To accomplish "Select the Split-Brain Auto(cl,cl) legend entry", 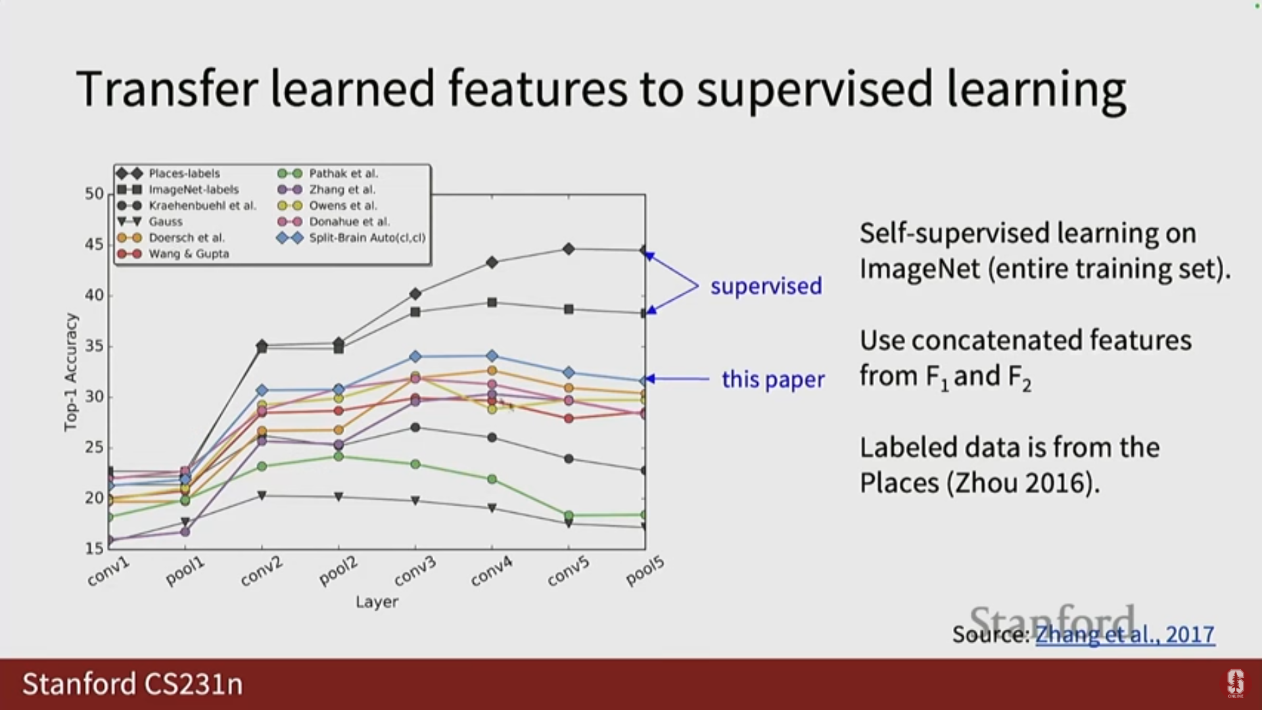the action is (x=352, y=238).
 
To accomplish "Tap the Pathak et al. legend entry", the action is (x=328, y=174).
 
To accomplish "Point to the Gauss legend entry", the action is (x=150, y=222).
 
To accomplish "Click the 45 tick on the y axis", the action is (x=94, y=245).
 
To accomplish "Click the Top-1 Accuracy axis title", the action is (x=70, y=372).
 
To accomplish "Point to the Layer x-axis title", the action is (x=377, y=602).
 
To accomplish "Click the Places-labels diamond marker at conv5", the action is (x=569, y=249).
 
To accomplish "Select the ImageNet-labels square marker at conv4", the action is (x=492, y=302).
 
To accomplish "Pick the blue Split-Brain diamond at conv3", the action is (x=415, y=356).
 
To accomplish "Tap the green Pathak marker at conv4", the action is (x=492, y=479).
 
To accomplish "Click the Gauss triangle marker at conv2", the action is (x=262, y=495).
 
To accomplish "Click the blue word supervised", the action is (x=766, y=287).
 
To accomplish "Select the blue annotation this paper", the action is (x=773, y=379).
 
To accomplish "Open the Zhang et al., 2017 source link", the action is (x=1125, y=634).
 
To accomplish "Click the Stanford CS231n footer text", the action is (x=133, y=684).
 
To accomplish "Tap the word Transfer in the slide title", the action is (x=167, y=89).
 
